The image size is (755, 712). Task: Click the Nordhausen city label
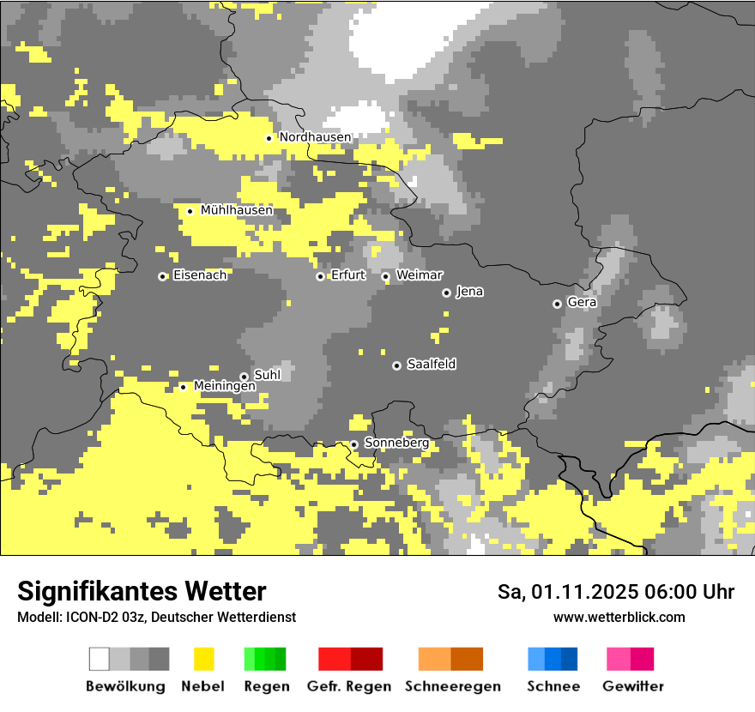315,137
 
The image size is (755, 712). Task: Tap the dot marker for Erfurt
320,276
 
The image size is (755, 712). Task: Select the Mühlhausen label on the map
236,210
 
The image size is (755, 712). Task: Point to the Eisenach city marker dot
162,276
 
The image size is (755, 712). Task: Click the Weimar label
419,275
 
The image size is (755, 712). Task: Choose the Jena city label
469,292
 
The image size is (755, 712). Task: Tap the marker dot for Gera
557,304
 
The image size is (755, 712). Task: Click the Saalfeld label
431,365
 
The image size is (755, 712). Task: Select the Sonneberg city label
396,443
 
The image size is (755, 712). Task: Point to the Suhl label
267,376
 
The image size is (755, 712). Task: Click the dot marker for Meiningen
183,387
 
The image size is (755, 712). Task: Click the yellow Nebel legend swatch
203,659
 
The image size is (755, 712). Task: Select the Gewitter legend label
632,686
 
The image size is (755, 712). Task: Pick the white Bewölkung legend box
100,659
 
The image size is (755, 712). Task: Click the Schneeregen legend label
452,686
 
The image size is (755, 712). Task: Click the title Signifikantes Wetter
142,592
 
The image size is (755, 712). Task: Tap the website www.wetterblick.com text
619,617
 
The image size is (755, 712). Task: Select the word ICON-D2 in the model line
88,617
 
